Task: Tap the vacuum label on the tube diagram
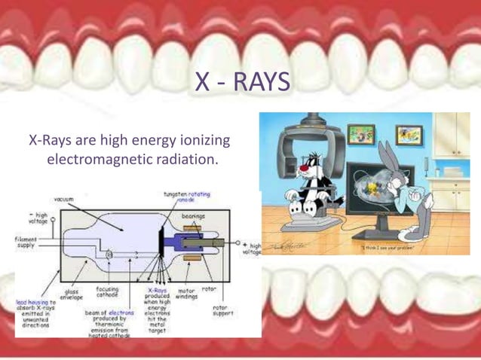click(x=63, y=200)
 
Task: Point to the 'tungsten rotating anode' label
click(x=186, y=197)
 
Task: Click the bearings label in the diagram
click(x=193, y=215)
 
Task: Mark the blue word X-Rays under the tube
click(x=157, y=288)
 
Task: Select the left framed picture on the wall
click(x=361, y=134)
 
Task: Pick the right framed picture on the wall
click(x=407, y=135)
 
